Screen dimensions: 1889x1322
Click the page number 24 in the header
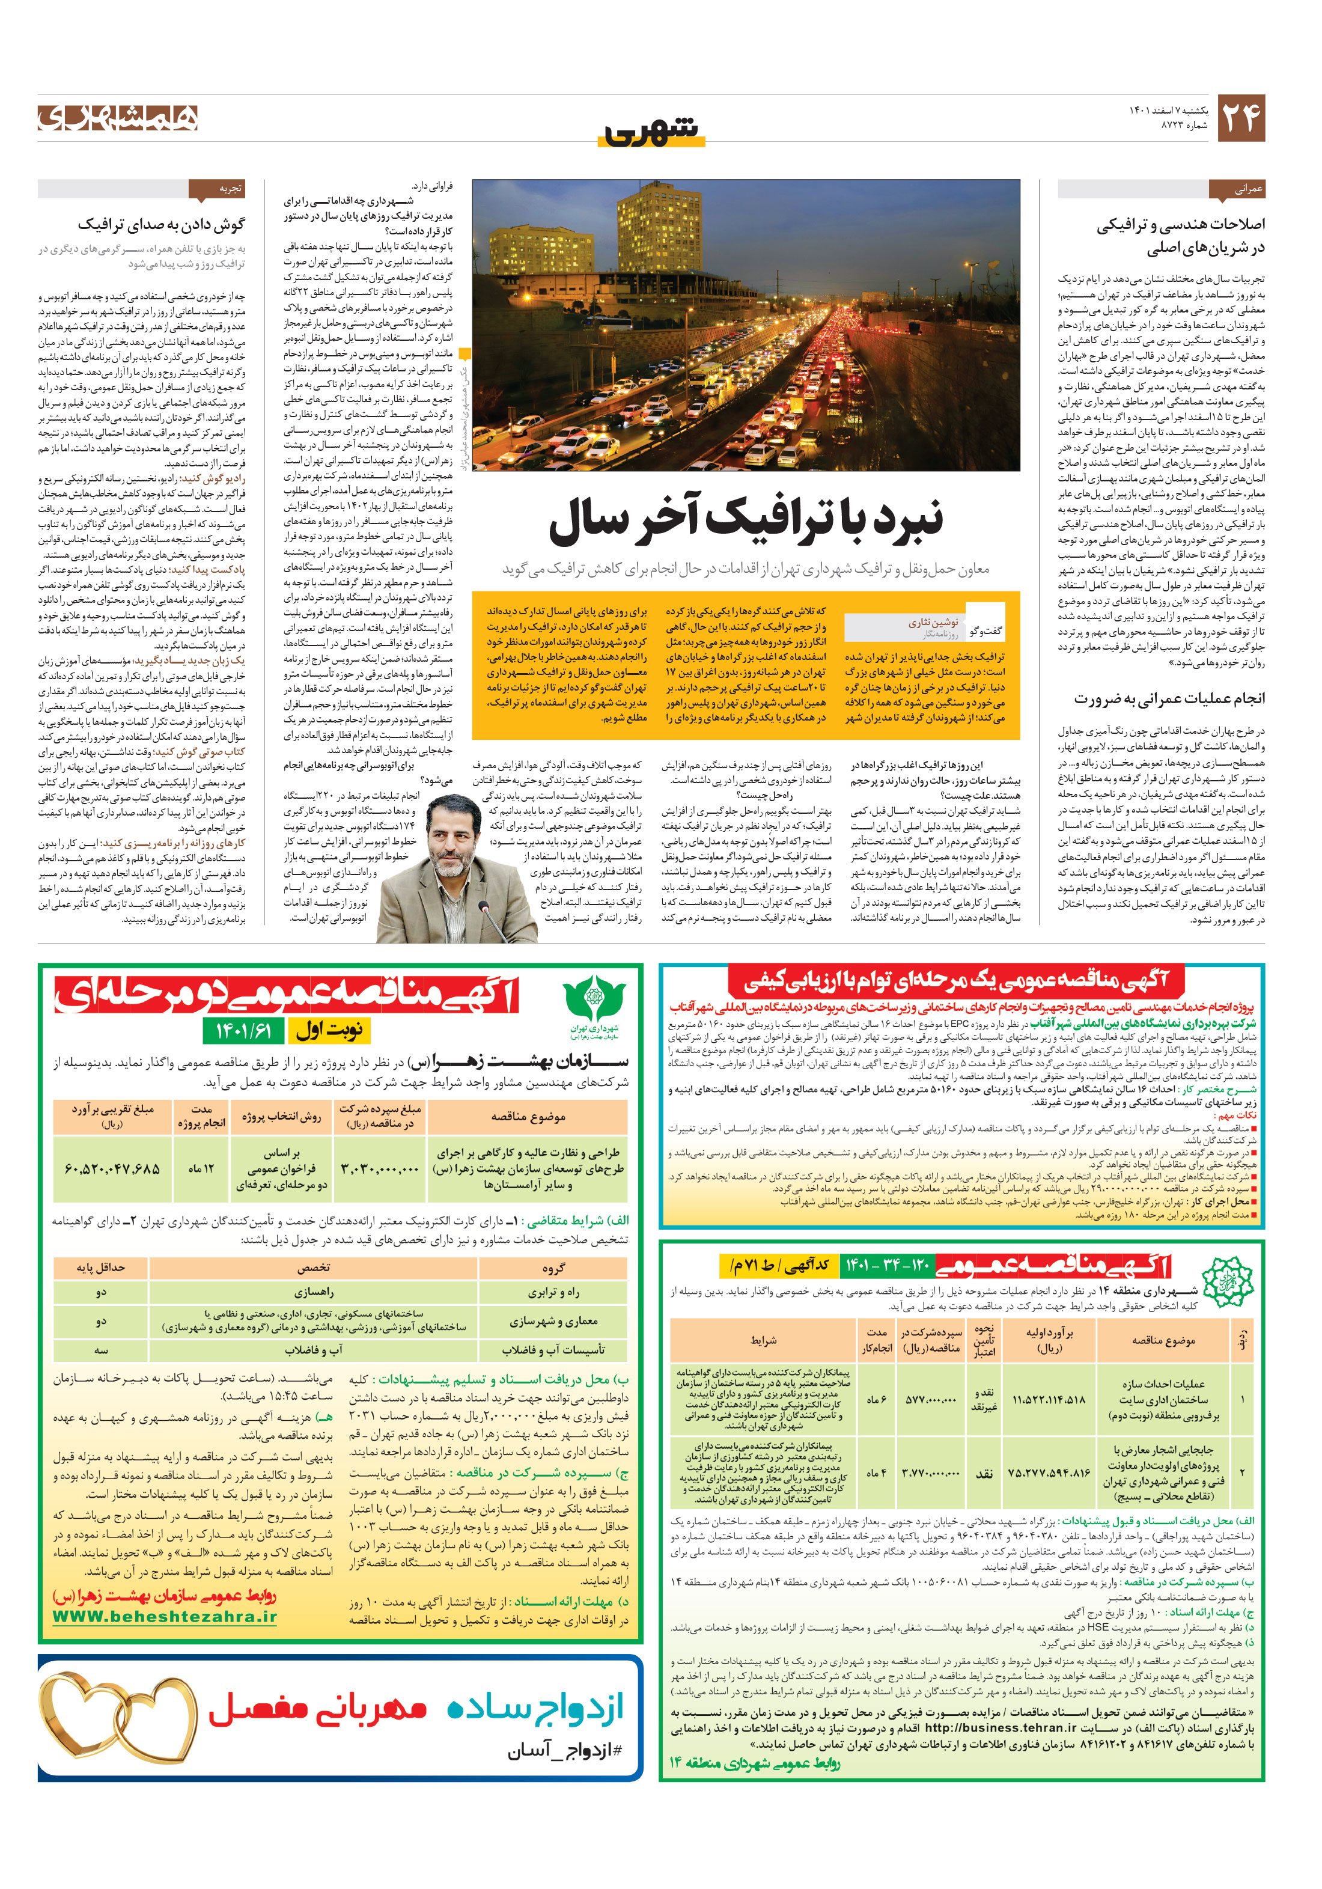(1240, 118)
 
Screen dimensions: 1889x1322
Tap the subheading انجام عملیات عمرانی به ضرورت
(1168, 698)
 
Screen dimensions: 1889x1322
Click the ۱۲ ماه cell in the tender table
(201, 1168)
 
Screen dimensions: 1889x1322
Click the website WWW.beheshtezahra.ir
(165, 1617)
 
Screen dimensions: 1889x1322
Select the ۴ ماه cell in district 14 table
(876, 1472)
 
